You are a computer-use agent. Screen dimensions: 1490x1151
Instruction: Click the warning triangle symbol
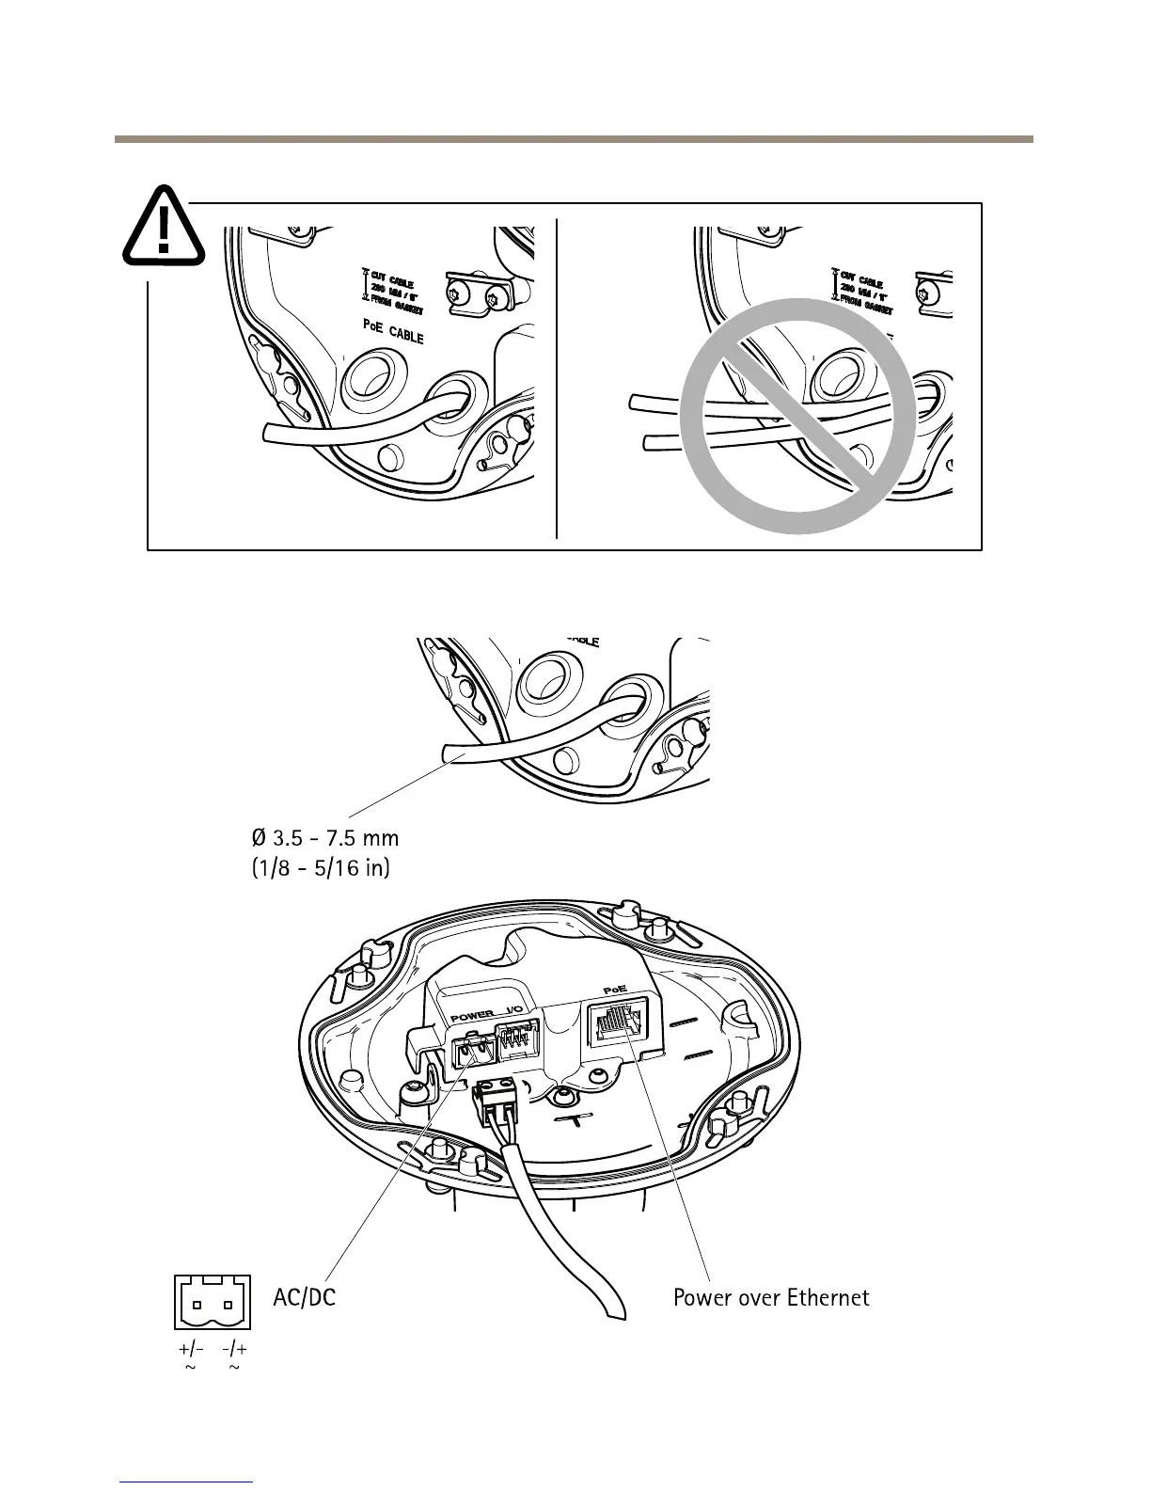pos(164,226)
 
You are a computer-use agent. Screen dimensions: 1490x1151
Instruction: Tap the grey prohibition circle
pos(797,417)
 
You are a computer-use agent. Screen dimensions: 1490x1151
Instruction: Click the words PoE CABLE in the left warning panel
pos(393,331)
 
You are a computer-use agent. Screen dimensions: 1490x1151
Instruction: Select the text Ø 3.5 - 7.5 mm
pos(325,836)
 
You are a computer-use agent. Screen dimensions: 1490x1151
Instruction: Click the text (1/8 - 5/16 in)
pos(321,866)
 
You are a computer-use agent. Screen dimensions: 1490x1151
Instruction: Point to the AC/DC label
pos(304,1298)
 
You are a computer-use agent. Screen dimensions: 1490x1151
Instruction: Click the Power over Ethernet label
pos(771,1298)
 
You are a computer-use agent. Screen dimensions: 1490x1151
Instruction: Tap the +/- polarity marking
pos(191,1349)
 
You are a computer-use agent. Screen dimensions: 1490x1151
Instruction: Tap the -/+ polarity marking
pos(235,1349)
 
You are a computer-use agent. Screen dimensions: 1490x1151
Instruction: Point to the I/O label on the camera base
pos(515,1013)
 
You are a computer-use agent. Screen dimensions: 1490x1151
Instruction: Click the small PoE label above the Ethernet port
pos(614,991)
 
